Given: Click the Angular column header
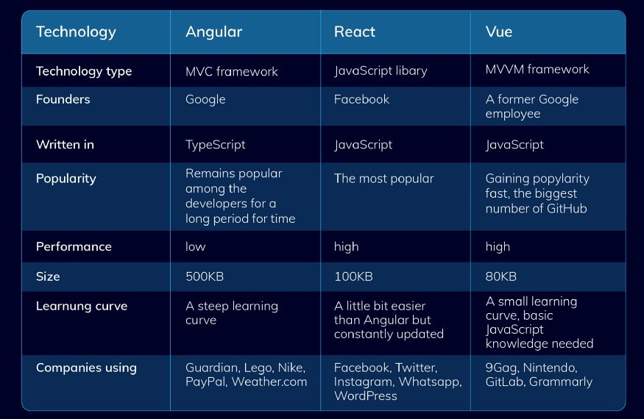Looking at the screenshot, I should tap(213, 32).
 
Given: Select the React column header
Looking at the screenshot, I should tap(355, 32).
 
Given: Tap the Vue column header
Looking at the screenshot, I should tap(499, 32).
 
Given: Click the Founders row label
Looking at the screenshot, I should tap(63, 99).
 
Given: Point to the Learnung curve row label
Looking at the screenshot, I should tap(82, 306).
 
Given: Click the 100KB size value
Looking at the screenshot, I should tap(353, 276).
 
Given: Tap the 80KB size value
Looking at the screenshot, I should tap(501, 276).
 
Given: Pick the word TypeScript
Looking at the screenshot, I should tap(216, 145).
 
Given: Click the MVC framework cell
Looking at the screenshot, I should tap(232, 71).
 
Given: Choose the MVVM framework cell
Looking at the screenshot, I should tap(537, 69).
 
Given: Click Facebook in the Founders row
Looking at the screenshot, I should tap(361, 99).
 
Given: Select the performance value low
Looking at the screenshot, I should tap(196, 246).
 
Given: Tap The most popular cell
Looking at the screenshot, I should tap(384, 179).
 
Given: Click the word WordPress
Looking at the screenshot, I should tap(365, 395).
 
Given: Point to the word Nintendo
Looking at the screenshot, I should tap(551, 367).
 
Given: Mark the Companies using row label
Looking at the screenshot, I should tap(86, 368).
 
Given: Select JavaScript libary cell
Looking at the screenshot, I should tap(381, 71).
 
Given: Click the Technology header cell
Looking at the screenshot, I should tap(76, 32).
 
